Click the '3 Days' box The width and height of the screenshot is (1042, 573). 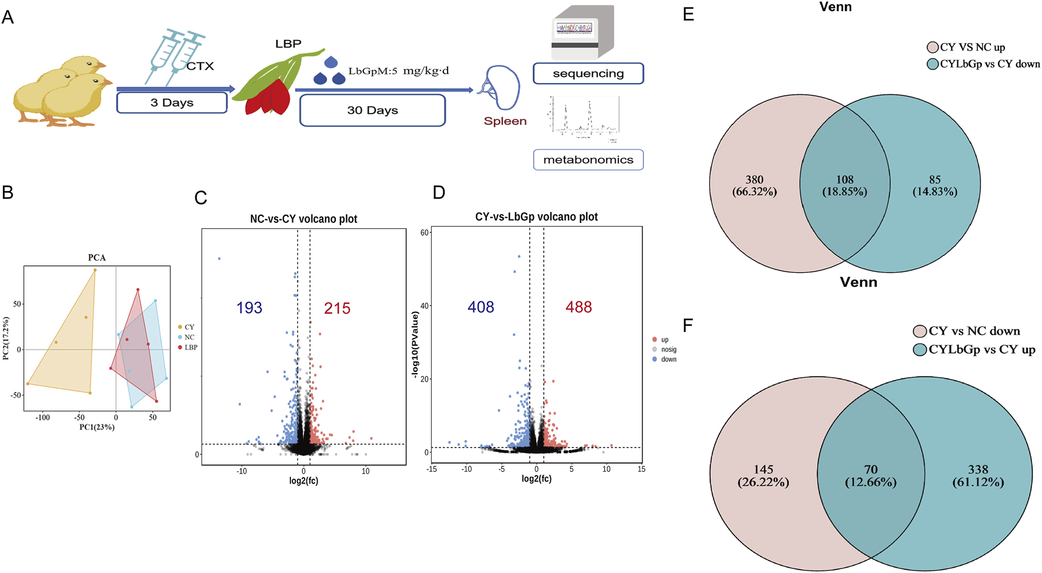click(172, 102)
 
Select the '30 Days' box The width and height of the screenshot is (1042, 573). click(372, 110)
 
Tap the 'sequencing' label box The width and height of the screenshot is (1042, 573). click(588, 74)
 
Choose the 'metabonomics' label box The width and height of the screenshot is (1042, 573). click(588, 159)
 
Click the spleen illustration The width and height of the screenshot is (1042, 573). click(501, 88)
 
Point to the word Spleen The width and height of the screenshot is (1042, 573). click(505, 121)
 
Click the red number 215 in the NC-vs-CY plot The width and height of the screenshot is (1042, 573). click(337, 308)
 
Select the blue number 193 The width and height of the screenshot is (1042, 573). click(249, 308)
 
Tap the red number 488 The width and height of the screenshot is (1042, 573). click(579, 307)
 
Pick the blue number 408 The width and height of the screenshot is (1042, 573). click(480, 307)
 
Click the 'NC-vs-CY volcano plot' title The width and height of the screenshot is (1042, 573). click(303, 219)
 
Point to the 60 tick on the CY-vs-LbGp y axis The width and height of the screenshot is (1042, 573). click(424, 233)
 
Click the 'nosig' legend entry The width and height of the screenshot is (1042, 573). click(668, 349)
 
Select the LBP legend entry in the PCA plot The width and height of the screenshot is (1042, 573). click(190, 348)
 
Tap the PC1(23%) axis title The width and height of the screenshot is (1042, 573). click(97, 427)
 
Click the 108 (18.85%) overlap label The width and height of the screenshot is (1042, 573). click(844, 185)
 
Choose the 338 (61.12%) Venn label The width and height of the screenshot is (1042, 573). click(978, 475)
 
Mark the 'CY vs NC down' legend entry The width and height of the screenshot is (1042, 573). click(974, 331)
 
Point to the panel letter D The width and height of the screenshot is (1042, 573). click(439, 193)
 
